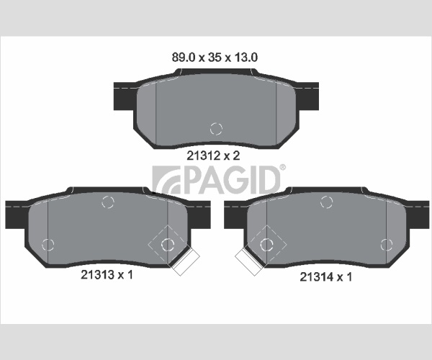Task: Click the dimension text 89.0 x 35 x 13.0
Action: point(215,58)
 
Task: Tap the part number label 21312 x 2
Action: point(213,156)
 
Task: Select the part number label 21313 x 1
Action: point(107,274)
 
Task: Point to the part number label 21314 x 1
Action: point(325,276)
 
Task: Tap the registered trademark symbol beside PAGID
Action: point(283,167)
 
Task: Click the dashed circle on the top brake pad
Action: point(216,129)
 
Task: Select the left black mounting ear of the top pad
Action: point(125,96)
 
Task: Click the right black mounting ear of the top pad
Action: point(307,96)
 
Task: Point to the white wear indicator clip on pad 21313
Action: point(185,261)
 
